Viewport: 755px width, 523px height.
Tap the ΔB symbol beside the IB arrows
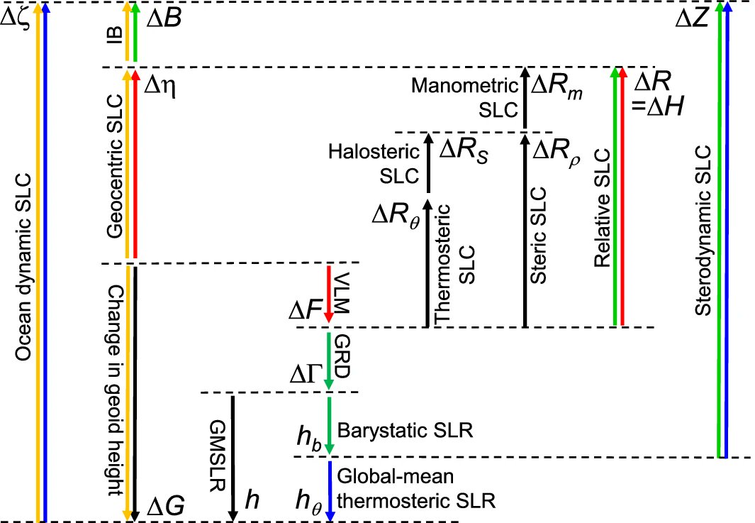pos(163,18)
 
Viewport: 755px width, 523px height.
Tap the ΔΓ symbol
pos(306,375)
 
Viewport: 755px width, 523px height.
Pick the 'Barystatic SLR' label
pos(405,430)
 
